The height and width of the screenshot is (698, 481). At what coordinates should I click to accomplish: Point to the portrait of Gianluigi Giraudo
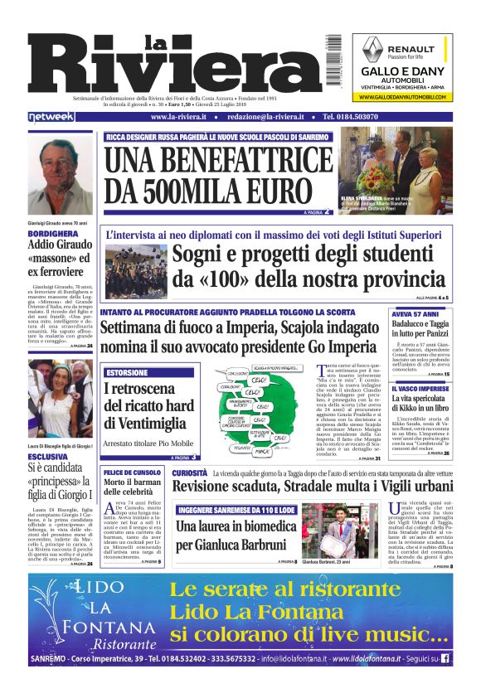(x=61, y=174)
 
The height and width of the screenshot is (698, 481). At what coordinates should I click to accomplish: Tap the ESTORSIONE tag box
(x=127, y=372)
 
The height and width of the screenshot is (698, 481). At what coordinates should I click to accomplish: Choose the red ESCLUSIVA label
(x=47, y=457)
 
